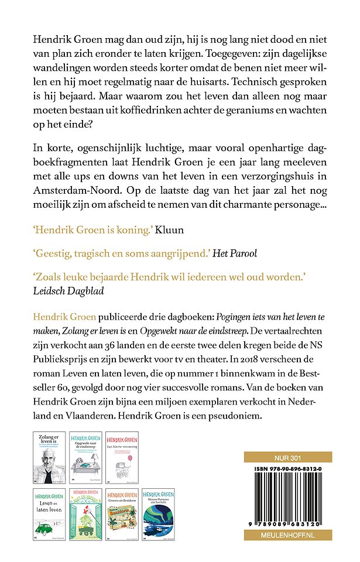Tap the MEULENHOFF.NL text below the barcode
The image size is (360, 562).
coord(287,535)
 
